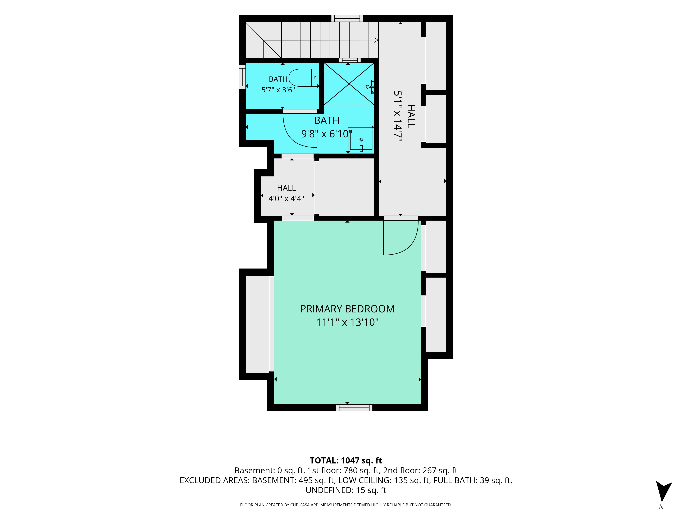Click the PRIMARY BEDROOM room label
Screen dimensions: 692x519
tap(347, 309)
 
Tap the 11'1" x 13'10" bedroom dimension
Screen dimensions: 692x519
tap(347, 322)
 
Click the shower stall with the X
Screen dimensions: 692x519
tap(349, 84)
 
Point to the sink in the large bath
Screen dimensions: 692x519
tap(361, 140)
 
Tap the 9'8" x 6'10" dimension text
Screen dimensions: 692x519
tap(327, 134)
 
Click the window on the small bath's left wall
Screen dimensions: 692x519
tap(242, 77)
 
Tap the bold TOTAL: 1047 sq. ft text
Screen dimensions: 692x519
tap(346, 461)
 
